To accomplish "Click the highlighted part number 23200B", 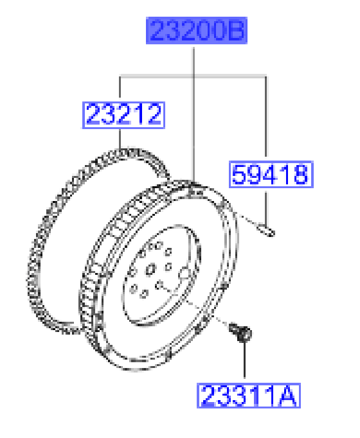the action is coord(197,30).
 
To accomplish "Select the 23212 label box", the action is coord(123,115).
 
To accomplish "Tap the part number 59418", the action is coord(271,174).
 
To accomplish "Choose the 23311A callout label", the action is coord(249,396).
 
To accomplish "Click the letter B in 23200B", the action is coord(235,30).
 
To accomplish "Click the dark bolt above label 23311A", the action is coord(240,332).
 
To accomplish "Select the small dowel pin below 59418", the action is coord(266,231).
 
